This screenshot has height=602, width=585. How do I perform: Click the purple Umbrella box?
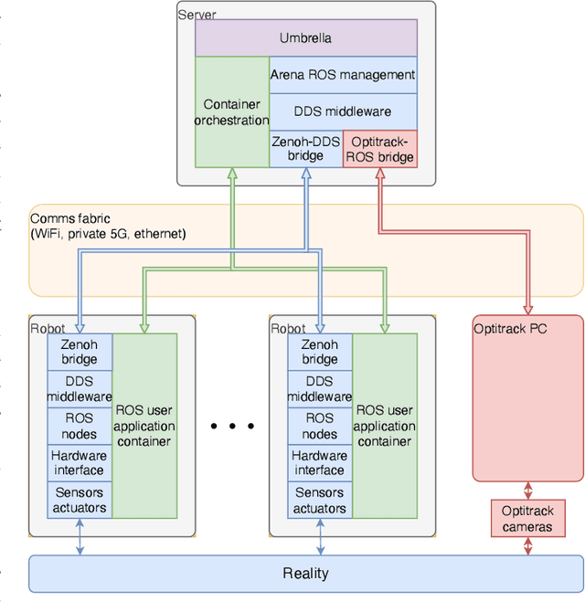pyautogui.click(x=305, y=38)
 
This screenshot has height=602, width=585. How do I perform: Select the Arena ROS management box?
pyautogui.click(x=343, y=75)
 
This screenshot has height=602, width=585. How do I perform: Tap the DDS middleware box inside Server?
pyautogui.click(x=343, y=111)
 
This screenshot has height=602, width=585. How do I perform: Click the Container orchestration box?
pyautogui.click(x=232, y=112)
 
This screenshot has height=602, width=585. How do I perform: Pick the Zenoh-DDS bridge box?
pyautogui.click(x=305, y=148)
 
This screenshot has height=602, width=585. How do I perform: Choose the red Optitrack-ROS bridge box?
pyautogui.click(x=379, y=149)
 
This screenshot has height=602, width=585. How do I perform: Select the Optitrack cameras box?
pyautogui.click(x=526, y=519)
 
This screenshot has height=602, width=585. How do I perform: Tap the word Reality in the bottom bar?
pyautogui.click(x=305, y=574)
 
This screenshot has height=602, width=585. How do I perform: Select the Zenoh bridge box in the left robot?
pyautogui.click(x=79, y=352)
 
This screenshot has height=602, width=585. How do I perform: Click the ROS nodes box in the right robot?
pyautogui.click(x=320, y=425)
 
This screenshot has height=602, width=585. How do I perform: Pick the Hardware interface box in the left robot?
pyautogui.click(x=79, y=463)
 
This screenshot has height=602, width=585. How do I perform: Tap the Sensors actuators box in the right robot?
pyautogui.click(x=320, y=501)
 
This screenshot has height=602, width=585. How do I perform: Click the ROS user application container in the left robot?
pyautogui.click(x=144, y=426)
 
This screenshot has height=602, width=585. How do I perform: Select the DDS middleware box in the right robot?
pyautogui.click(x=320, y=389)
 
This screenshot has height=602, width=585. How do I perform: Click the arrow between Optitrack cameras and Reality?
pyautogui.click(x=526, y=546)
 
